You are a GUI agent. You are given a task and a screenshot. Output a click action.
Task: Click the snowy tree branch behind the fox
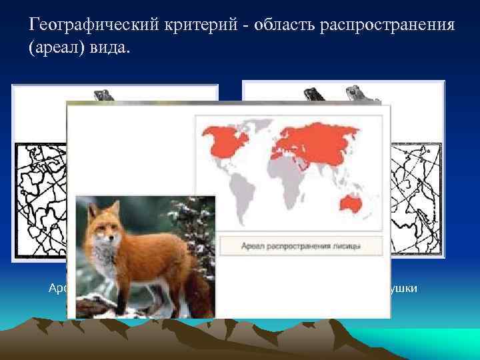[200, 220]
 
